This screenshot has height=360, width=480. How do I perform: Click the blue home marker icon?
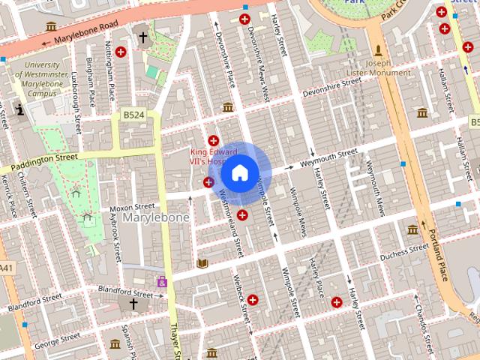point(239,173)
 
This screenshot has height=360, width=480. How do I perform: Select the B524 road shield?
point(133,115)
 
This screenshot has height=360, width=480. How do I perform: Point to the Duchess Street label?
point(403,255)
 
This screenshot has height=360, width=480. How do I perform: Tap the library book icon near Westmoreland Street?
point(202,264)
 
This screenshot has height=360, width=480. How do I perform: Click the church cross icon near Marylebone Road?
point(142,37)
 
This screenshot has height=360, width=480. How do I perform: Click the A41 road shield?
point(5,268)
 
